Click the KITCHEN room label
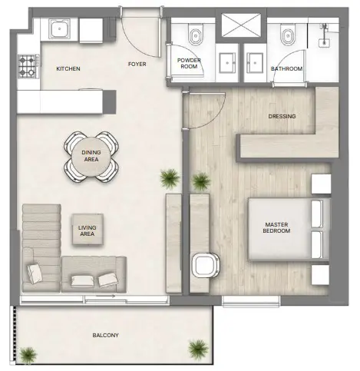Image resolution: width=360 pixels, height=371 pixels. click(68, 69)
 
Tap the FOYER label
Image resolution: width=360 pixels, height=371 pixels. click(137, 65)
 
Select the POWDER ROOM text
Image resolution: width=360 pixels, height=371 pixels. click(189, 64)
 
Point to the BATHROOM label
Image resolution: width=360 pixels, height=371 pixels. click(286, 69)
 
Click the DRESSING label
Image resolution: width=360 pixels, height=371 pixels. click(282, 117)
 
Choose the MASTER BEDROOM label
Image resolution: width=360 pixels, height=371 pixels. click(276, 227)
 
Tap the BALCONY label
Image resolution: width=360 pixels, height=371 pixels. click(105, 336)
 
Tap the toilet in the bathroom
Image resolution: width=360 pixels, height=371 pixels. click(289, 35)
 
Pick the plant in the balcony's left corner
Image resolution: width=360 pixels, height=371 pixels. click(28, 353)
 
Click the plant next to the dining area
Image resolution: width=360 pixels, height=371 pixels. click(167, 179)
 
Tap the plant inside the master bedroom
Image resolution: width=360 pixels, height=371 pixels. click(200, 181)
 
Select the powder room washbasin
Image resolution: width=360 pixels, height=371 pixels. click(228, 60)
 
